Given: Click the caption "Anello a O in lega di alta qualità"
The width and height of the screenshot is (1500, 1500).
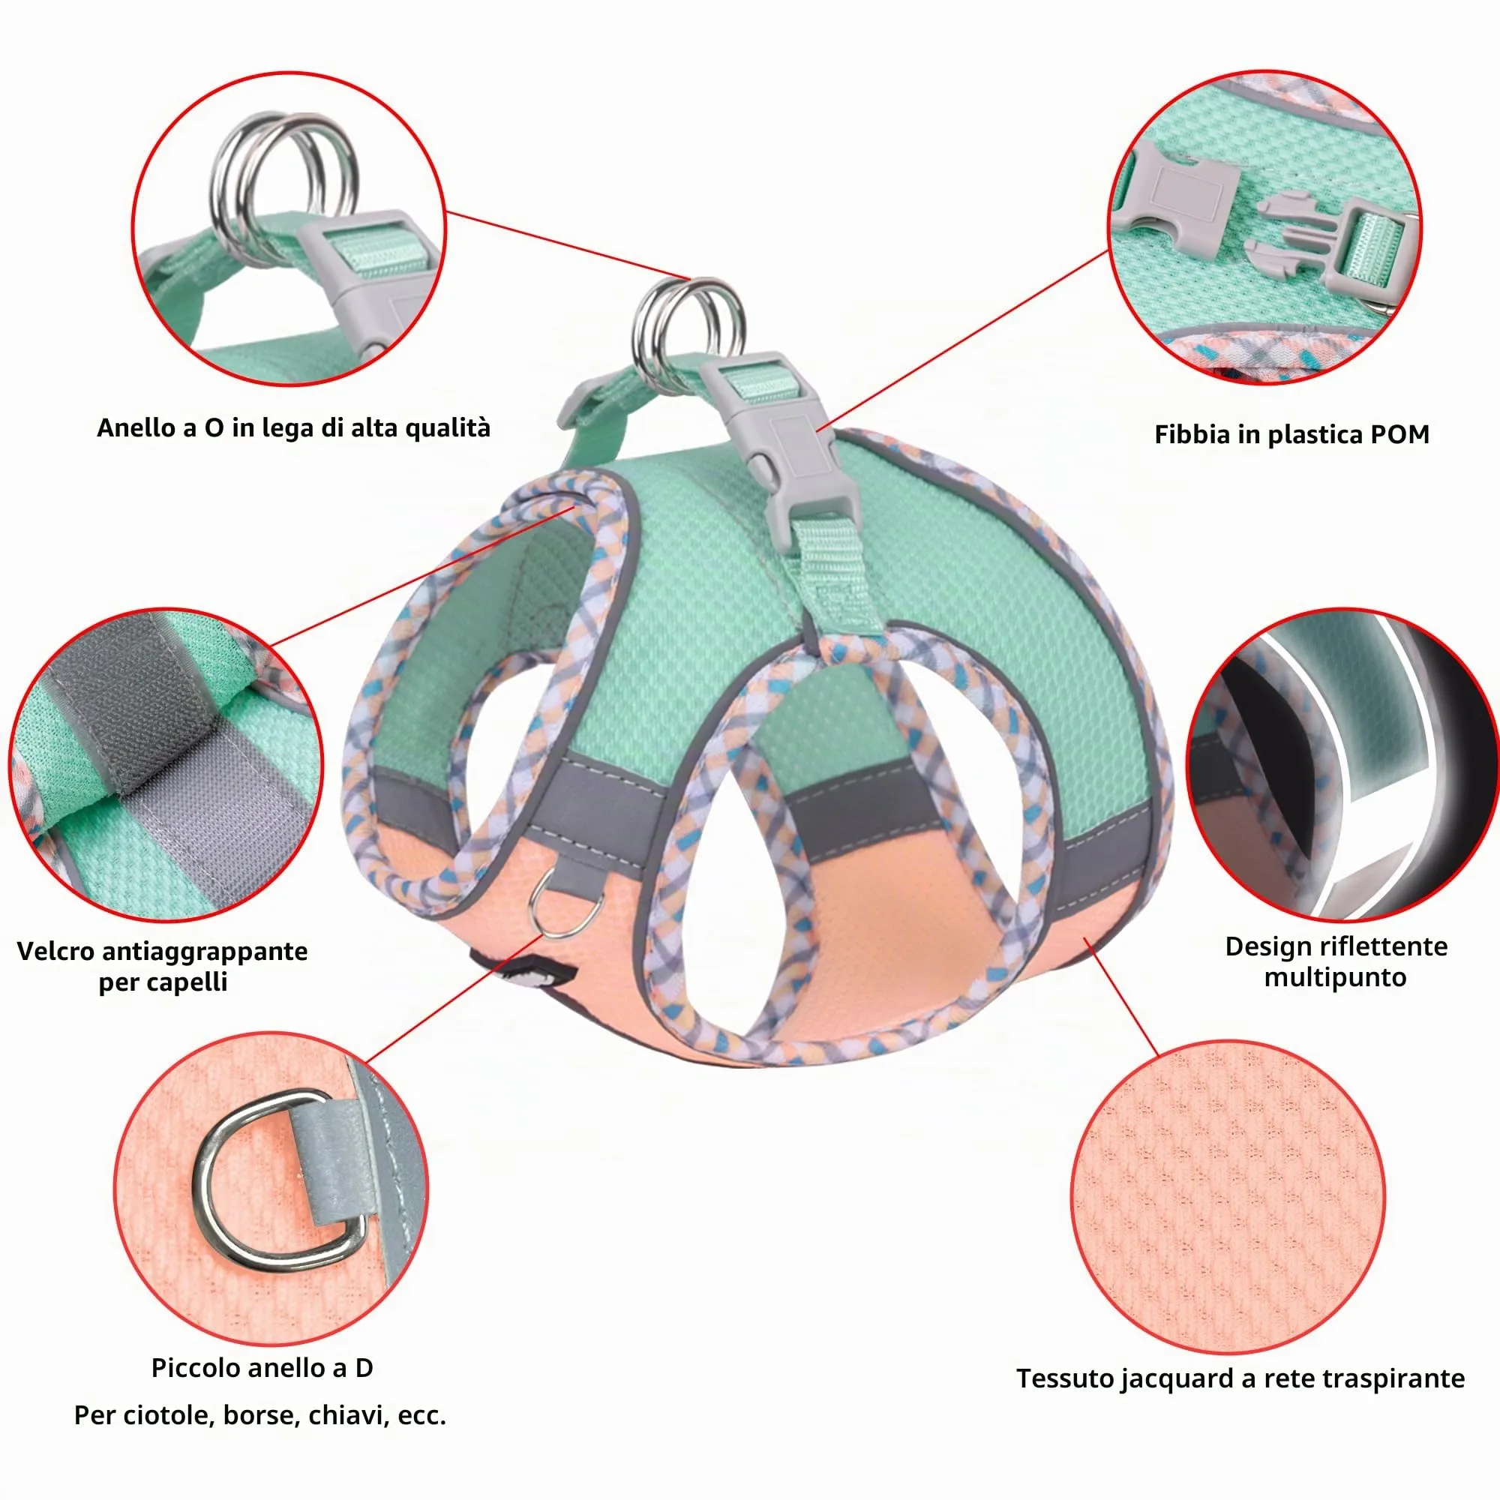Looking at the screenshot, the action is point(293,428).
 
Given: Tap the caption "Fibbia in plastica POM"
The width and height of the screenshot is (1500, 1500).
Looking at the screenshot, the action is point(1292,435).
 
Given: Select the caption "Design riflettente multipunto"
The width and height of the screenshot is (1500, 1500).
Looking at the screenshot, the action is point(1336,961).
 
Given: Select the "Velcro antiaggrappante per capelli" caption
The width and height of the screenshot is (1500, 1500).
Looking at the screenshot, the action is point(162,966).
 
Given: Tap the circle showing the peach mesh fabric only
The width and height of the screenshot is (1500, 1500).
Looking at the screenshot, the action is point(1228,1196).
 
